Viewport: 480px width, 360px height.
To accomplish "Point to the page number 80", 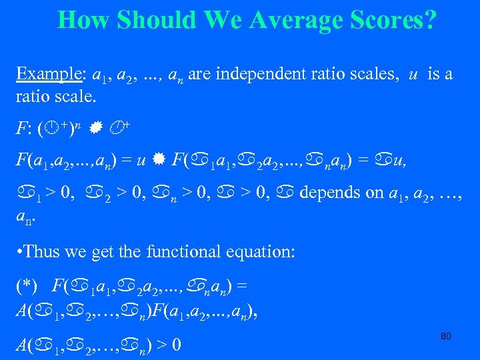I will pyautogui.click(x=446, y=336).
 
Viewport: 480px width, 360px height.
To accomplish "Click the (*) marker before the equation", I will pyautogui.click(x=26, y=285).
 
